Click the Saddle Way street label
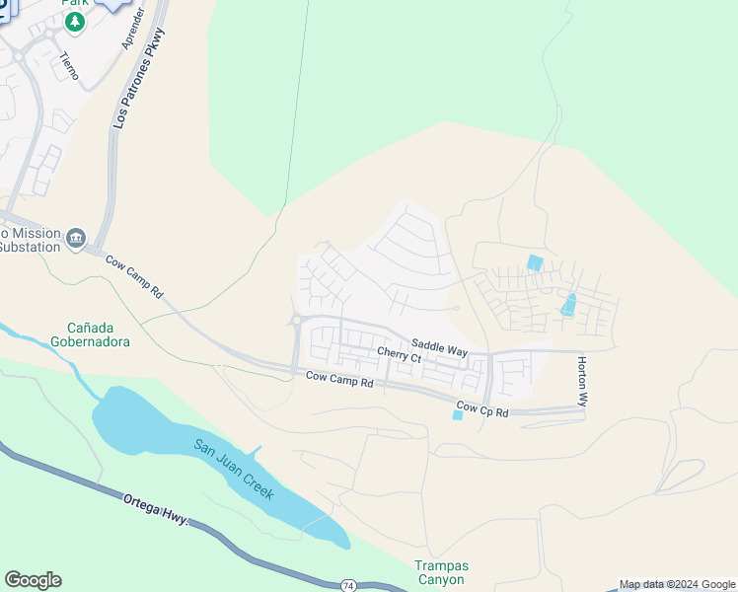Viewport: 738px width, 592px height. point(439,347)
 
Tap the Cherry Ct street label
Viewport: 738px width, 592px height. point(399,356)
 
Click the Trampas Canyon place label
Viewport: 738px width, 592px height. point(440,573)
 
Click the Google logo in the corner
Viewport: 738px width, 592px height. point(33,580)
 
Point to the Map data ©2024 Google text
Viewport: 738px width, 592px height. point(677,585)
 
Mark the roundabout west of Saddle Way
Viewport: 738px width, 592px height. point(295,319)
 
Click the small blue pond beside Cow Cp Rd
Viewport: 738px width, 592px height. point(457,415)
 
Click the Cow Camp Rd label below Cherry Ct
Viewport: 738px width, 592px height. point(338,378)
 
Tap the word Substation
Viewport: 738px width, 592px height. point(30,247)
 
